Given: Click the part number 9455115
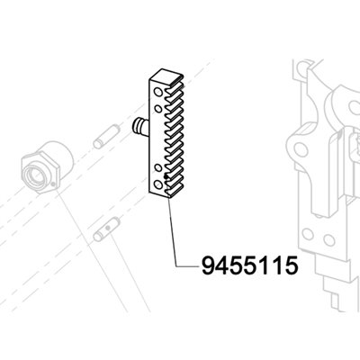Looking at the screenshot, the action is pos(250,265).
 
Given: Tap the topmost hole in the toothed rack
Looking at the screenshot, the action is pos(157,92).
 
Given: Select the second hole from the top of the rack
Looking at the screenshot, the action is pos(158,108).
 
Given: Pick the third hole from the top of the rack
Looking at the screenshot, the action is pos(158,167).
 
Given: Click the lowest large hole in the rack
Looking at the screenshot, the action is pos(157,184).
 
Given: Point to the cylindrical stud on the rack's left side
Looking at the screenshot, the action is pos(140,128).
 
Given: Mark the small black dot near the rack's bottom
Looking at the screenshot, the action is pos(166,177).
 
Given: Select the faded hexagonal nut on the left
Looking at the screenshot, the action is pos(48,167).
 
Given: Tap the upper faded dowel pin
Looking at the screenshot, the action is pos(106,137).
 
